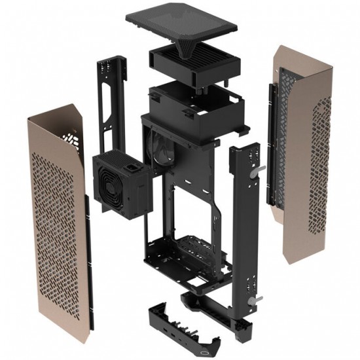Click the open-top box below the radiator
(194, 105)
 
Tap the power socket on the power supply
(134, 172)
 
